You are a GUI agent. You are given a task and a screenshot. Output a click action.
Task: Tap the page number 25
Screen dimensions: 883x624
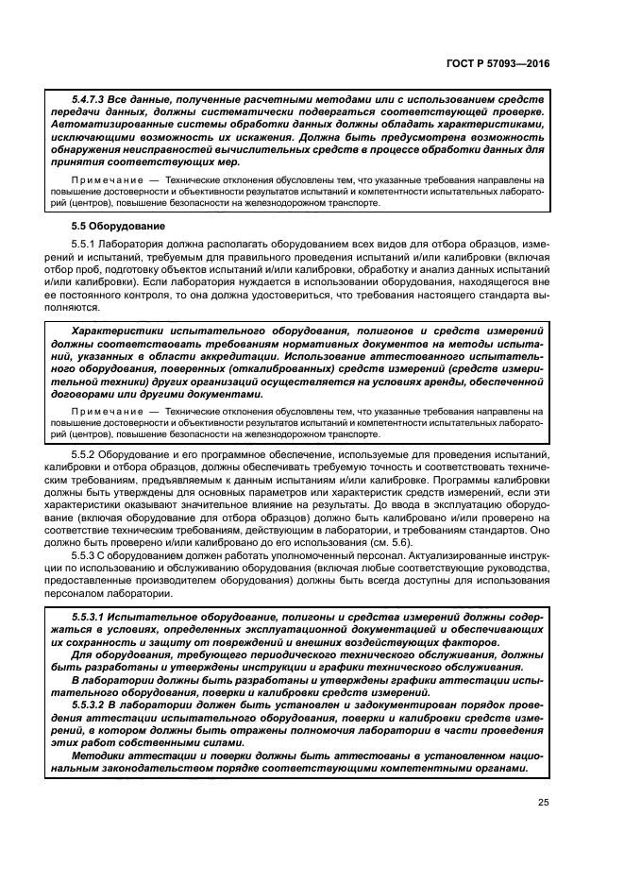[542, 804]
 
